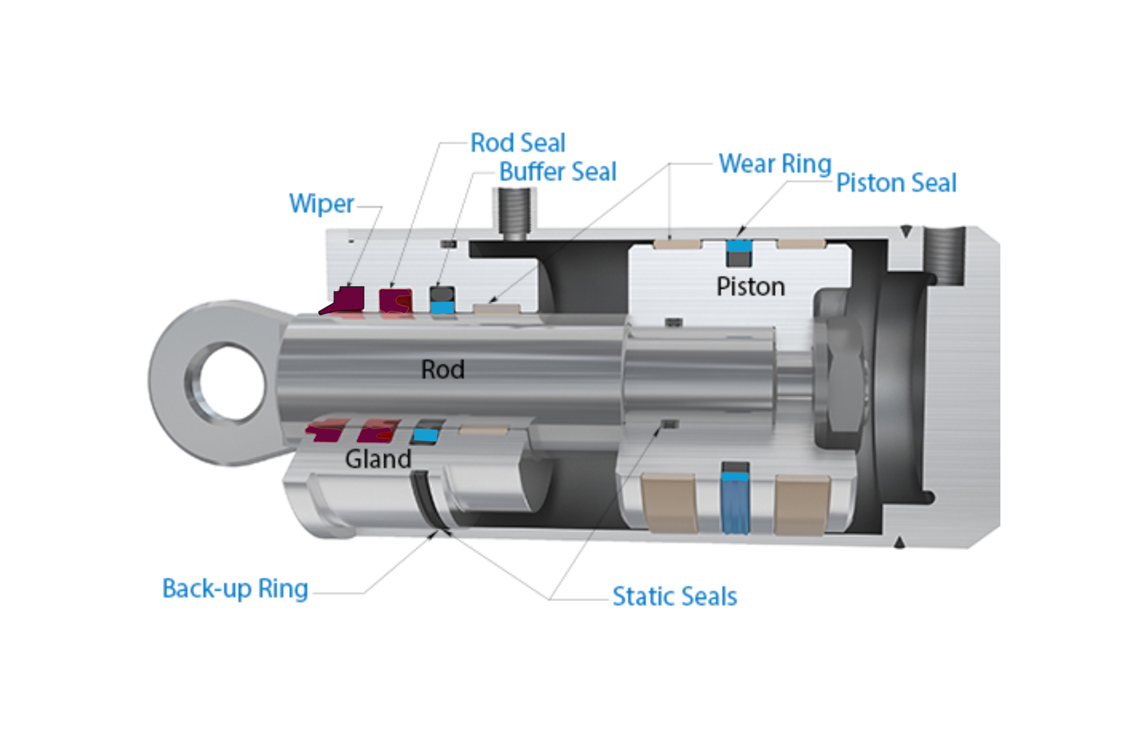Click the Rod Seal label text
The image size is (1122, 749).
pos(518,143)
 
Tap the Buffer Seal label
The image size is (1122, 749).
pos(557,172)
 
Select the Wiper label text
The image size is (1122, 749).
pos(321,204)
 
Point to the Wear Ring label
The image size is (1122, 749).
pos(775,164)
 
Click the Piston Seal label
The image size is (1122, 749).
pos(896,183)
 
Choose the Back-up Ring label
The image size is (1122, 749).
pos(235,589)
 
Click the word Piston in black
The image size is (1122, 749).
pos(750,287)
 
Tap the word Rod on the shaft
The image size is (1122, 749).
pos(442,370)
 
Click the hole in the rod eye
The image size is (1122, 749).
pos(232,383)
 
